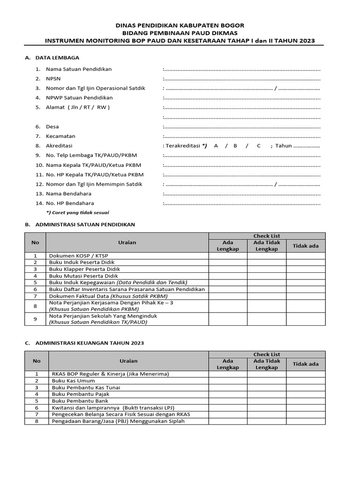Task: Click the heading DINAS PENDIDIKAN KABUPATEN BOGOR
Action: click(x=180, y=25)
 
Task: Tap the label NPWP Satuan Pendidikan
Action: click(x=79, y=98)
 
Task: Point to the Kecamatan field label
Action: click(x=60, y=136)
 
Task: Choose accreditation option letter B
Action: click(x=235, y=146)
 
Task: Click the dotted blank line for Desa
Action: click(x=242, y=127)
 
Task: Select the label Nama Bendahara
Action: click(x=68, y=194)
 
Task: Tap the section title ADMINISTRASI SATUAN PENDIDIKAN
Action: click(x=85, y=225)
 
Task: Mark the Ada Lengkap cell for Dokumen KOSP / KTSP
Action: click(x=228, y=255)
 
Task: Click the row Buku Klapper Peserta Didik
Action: click(x=84, y=270)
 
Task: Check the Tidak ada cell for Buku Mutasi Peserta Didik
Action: click(x=306, y=276)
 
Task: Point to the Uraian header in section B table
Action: click(x=127, y=242)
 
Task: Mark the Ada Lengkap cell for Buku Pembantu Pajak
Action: click(x=228, y=395)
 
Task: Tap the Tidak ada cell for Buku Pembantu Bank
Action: click(x=306, y=401)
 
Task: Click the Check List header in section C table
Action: click(x=267, y=354)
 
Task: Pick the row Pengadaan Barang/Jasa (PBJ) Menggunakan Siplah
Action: click(x=118, y=421)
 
